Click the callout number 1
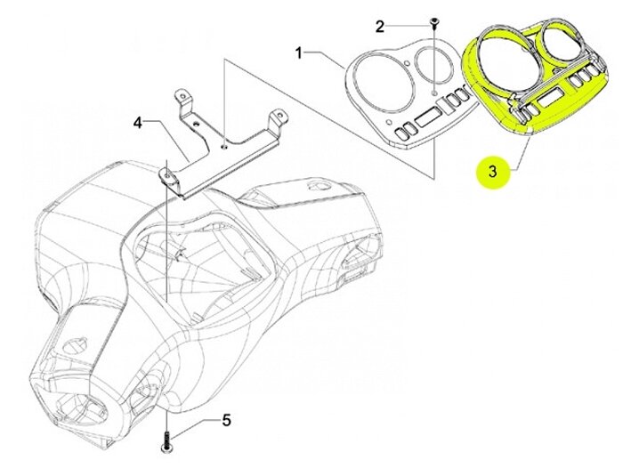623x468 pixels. [x=299, y=53]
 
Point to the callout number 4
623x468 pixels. [x=137, y=122]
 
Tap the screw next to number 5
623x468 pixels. [x=166, y=437]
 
